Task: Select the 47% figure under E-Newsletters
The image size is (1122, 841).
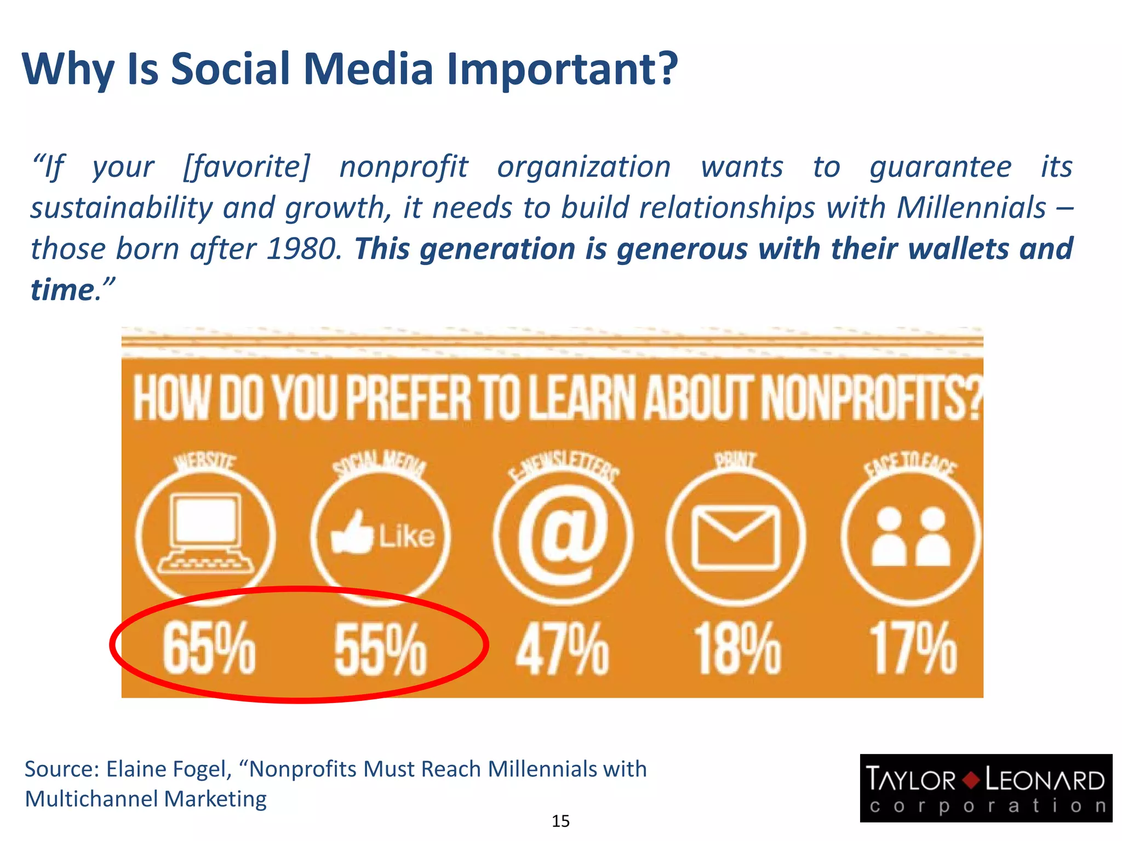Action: [562, 649]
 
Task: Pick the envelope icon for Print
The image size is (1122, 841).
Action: [736, 537]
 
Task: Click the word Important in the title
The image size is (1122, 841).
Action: [562, 68]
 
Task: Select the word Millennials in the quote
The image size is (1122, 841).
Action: [971, 208]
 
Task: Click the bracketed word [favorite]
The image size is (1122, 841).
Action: [247, 167]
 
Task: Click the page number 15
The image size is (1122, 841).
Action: [560, 821]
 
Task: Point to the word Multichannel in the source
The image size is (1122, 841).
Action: [91, 799]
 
